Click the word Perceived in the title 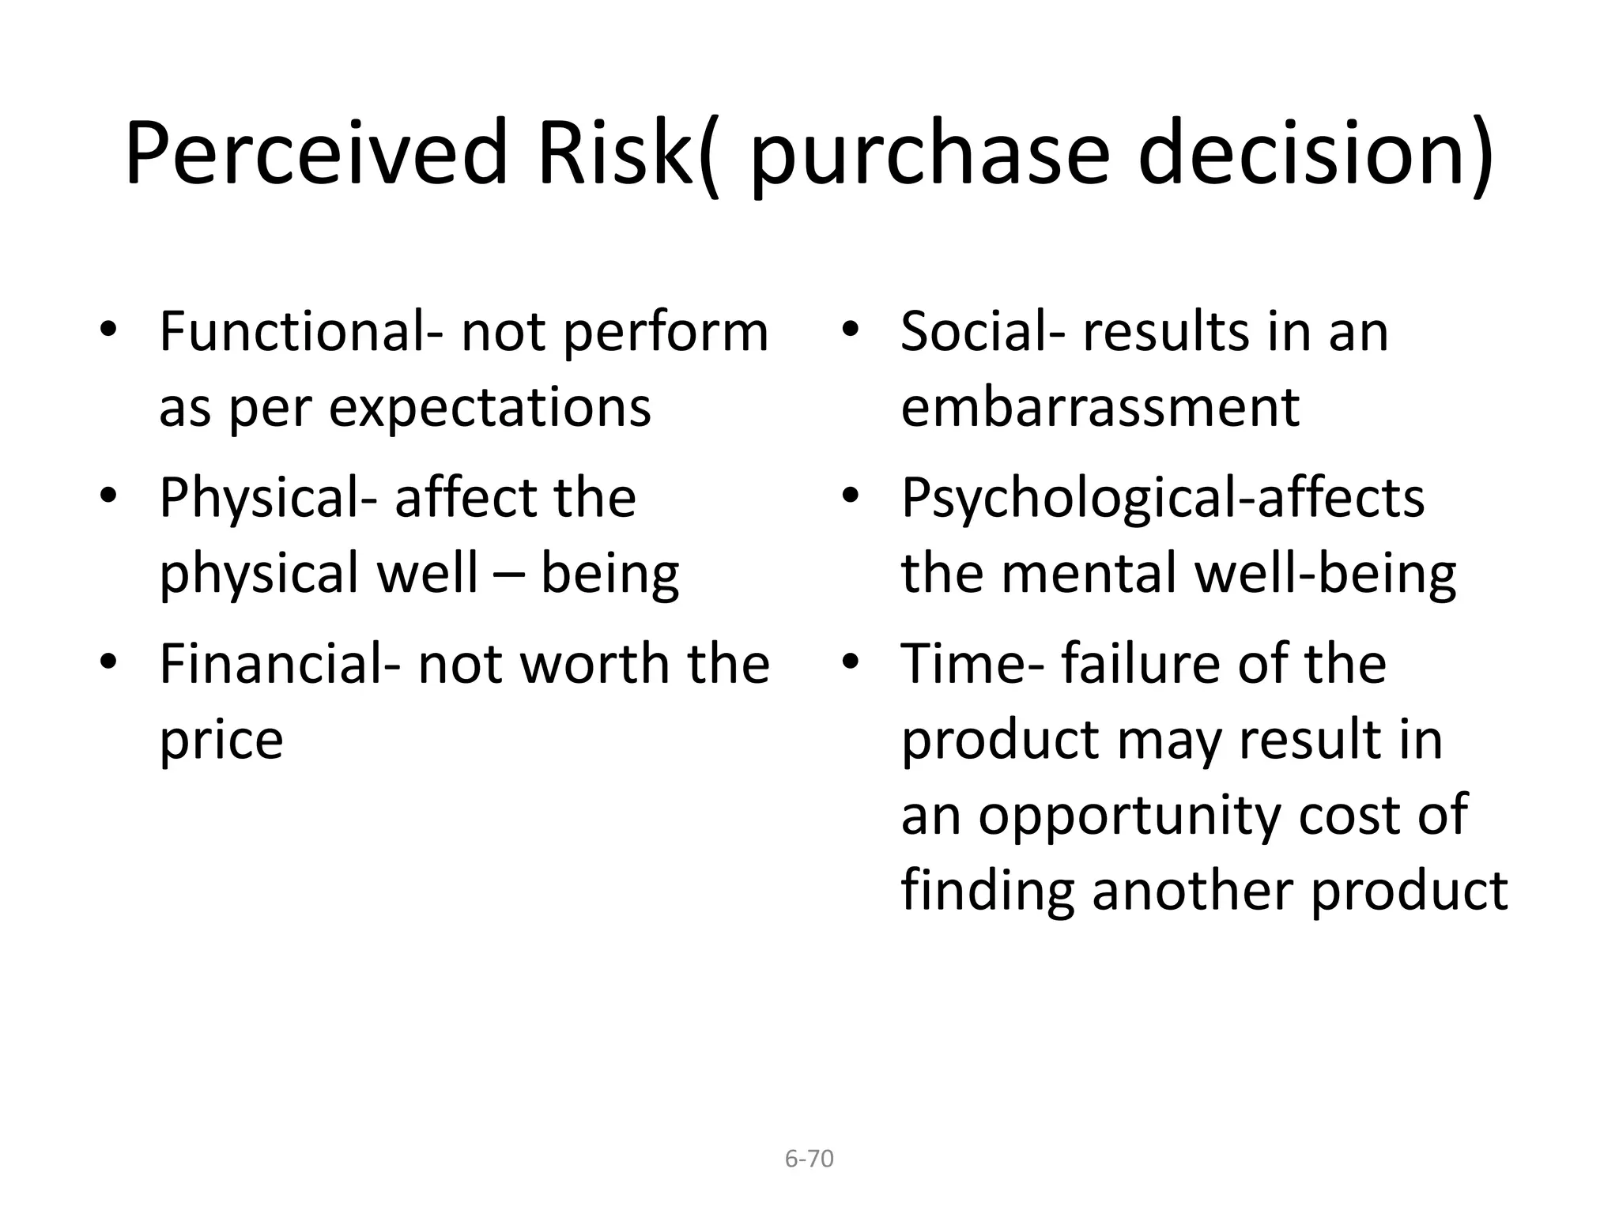click(315, 153)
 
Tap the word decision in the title click(1315, 153)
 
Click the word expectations click(489, 408)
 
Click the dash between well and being click(509, 575)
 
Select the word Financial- click(280, 664)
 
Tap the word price click(221, 741)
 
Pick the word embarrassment click(1100, 408)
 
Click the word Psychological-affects click(1162, 498)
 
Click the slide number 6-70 click(809, 1159)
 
